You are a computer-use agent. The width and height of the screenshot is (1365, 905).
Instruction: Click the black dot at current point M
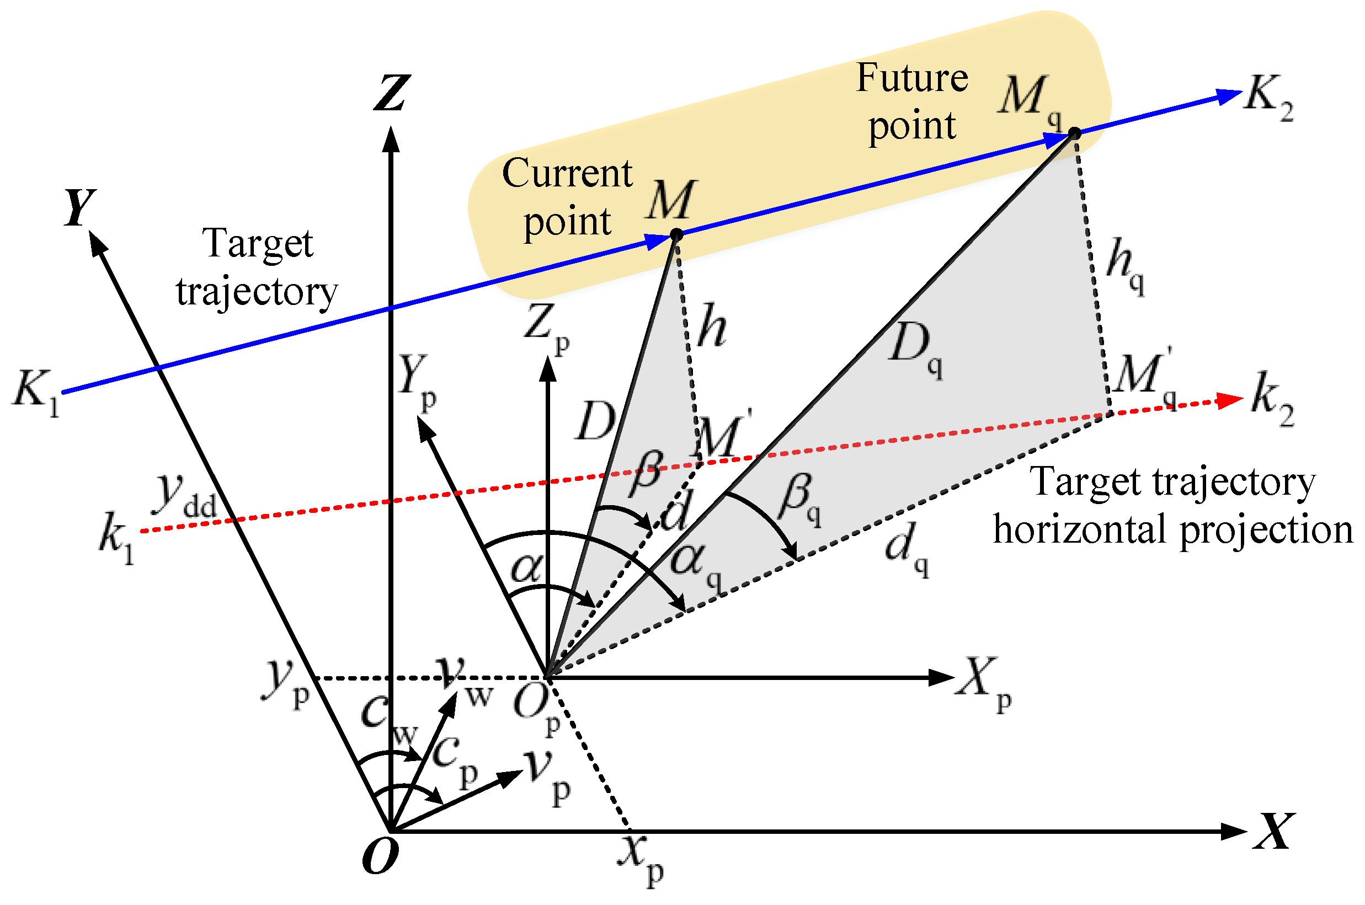tap(677, 235)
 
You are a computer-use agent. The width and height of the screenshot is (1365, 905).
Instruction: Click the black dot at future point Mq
tap(1074, 133)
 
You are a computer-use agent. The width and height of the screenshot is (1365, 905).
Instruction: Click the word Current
tap(567, 173)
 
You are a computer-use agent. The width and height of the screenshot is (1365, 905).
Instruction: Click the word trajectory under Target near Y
tap(257, 292)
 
